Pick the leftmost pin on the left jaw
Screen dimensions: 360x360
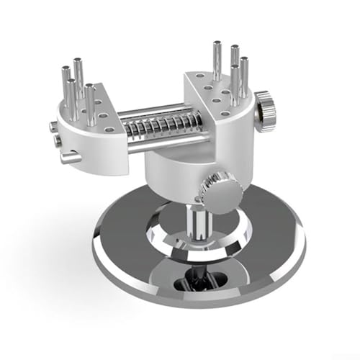tap(66, 90)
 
